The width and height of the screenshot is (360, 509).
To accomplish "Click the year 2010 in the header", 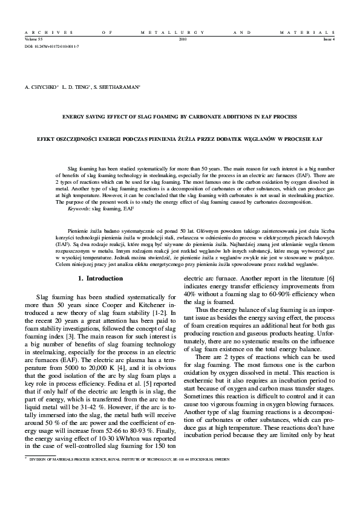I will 183,39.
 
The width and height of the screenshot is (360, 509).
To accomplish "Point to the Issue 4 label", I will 330,39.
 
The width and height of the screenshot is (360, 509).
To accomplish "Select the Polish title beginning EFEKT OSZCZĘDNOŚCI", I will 180,139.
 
